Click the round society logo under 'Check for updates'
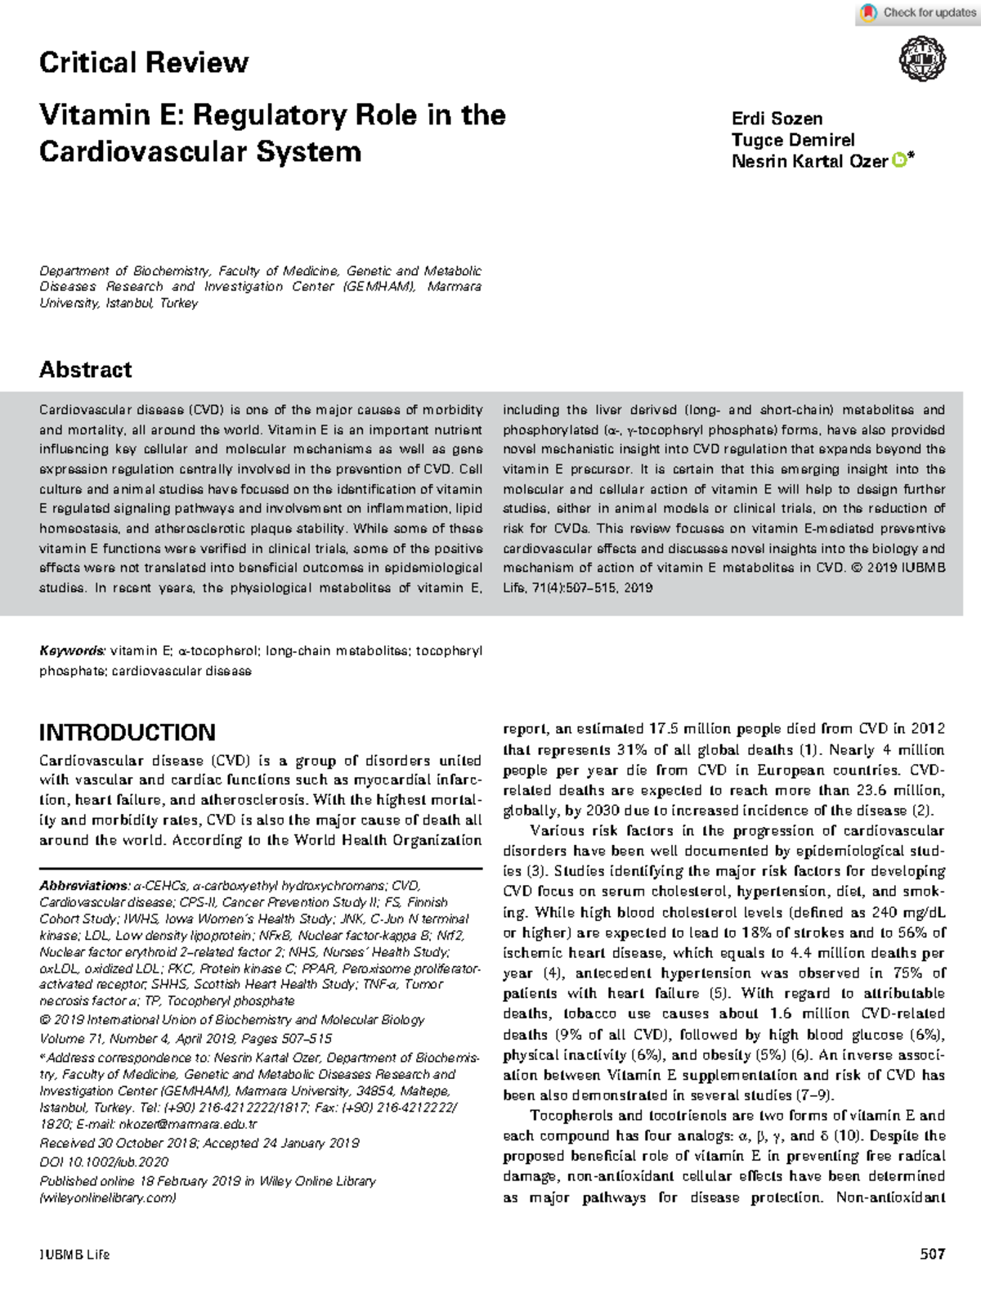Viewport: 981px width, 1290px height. pos(922,60)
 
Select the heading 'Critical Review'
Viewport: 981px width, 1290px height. pos(144,63)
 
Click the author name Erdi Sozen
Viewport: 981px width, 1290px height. pos(777,119)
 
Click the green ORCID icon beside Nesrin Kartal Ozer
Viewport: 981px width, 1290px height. pos(898,161)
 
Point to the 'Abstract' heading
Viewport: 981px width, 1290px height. pos(86,370)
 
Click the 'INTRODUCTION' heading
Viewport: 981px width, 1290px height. pos(128,732)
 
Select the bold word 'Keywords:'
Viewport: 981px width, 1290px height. pos(72,651)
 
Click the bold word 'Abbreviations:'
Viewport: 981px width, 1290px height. pos(84,886)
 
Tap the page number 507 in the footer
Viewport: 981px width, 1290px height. pos(933,1254)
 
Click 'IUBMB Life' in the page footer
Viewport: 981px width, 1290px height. pos(74,1255)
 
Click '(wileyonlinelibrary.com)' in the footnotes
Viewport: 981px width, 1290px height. pos(108,1198)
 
